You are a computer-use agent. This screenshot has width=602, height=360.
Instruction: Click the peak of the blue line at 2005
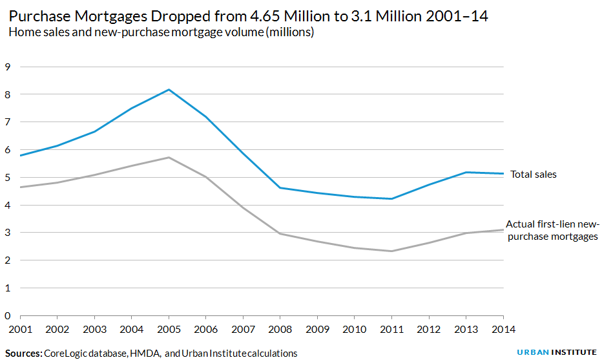coord(169,89)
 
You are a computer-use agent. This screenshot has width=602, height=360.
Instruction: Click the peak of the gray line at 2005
coord(169,158)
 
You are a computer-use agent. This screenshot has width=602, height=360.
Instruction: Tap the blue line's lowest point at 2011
coord(392,198)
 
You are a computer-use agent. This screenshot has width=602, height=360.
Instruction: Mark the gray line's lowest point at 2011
coord(392,251)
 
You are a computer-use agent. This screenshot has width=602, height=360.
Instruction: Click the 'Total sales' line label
coord(533,175)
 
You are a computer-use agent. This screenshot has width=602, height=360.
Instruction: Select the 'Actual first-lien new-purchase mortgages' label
coord(552,230)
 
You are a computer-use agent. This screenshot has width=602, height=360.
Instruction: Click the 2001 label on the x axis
coord(21,329)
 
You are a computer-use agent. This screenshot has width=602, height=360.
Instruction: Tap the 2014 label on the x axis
coord(503,329)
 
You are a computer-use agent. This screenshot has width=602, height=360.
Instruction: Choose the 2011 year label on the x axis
coord(392,329)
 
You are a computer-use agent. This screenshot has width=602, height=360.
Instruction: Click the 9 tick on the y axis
coord(8,67)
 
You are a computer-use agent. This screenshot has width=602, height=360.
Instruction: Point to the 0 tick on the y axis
coord(8,316)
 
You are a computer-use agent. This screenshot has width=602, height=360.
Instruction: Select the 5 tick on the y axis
coord(8,178)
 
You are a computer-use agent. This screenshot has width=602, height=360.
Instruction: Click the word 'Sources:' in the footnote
coord(24,354)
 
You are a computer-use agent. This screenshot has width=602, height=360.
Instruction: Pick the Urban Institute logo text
coord(557,353)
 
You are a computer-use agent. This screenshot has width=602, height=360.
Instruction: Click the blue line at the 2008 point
coord(280,187)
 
